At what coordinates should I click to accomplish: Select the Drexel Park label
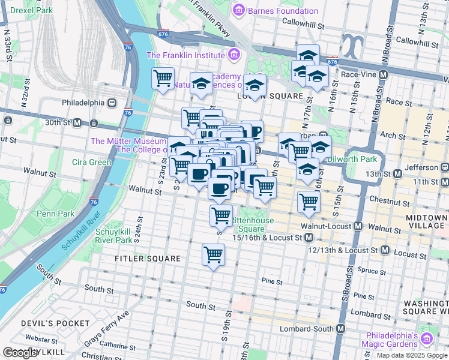coord(27,11)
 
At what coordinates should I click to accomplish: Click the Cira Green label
coord(91,162)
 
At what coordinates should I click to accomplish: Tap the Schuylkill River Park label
coord(114,236)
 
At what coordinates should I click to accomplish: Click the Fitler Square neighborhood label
coord(148,259)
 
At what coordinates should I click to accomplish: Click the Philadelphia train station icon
coord(112,103)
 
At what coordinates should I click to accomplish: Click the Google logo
coord(21,353)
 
